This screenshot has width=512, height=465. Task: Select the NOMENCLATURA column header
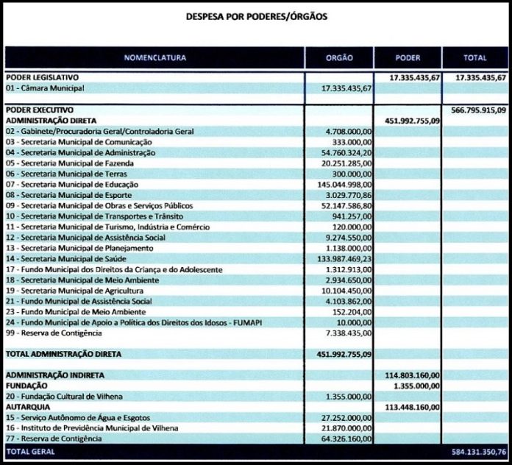pyautogui.click(x=154, y=57)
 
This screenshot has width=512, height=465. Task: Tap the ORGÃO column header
pyautogui.click(x=339, y=57)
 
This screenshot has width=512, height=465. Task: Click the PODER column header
pyautogui.click(x=408, y=57)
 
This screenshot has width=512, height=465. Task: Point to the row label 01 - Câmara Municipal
pyautogui.click(x=45, y=88)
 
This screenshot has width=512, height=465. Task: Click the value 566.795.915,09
pyautogui.click(x=479, y=110)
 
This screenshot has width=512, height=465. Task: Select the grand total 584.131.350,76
pyautogui.click(x=479, y=450)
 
